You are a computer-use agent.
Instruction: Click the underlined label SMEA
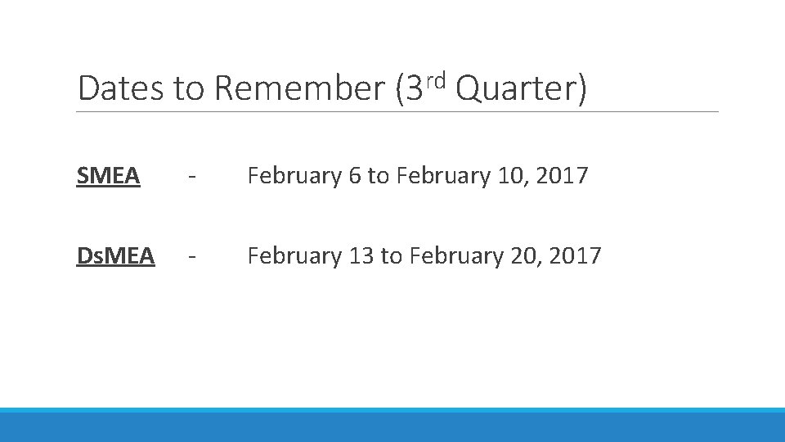click(x=107, y=176)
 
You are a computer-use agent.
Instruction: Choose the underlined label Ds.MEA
click(x=115, y=256)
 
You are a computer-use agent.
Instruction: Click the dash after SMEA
click(x=191, y=177)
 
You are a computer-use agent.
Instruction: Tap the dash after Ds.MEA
click(x=191, y=257)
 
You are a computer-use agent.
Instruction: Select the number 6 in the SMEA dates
click(x=354, y=176)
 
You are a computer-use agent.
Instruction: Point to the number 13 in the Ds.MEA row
click(x=360, y=256)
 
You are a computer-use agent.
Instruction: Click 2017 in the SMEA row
click(x=566, y=176)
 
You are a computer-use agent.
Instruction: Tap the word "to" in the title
click(x=188, y=88)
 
